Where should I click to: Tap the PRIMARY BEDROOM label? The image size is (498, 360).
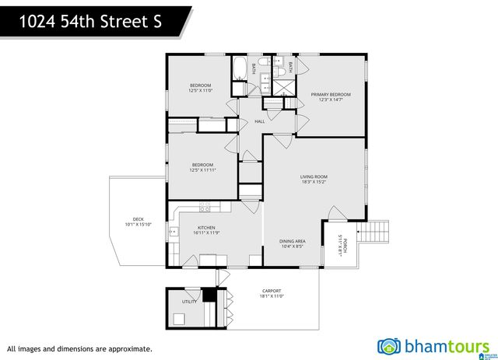coord(331,94)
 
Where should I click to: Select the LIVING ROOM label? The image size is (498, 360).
coord(314,177)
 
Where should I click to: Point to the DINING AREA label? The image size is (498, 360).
coord(293,241)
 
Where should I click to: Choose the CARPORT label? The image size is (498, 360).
coord(271,291)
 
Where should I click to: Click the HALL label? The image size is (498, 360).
coord(260,121)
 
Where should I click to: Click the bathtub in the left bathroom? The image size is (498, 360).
coord(240,68)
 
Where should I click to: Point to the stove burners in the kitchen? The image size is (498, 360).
coord(205,207)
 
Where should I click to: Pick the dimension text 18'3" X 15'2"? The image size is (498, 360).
coord(314,182)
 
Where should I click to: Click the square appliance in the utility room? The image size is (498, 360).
coord(180,318)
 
